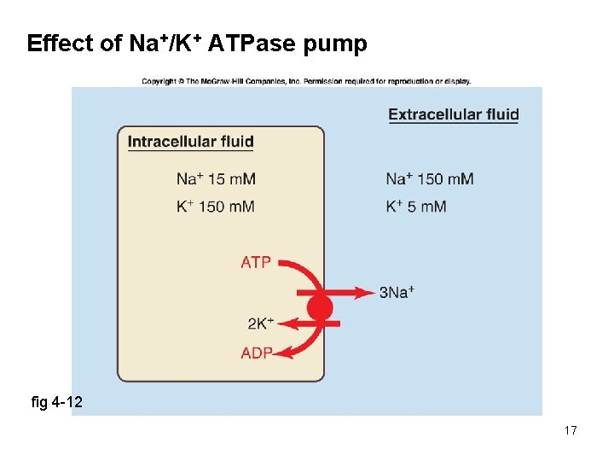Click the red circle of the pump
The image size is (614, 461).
320,306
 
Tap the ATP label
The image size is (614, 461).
255,262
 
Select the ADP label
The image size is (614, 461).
257,353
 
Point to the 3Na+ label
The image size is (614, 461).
397,293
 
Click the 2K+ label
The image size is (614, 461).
260,324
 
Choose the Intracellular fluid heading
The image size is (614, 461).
190,142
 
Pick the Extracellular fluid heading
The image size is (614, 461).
453,114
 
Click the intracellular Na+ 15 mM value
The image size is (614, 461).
216,179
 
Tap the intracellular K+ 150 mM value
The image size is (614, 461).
216,207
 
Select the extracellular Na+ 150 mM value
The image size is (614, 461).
429,179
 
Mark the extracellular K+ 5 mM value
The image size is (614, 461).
416,207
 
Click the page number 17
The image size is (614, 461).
571,430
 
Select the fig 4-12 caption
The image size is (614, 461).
56,401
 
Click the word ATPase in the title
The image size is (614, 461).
255,44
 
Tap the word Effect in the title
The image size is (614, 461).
60,44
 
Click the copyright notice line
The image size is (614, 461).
306,82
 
